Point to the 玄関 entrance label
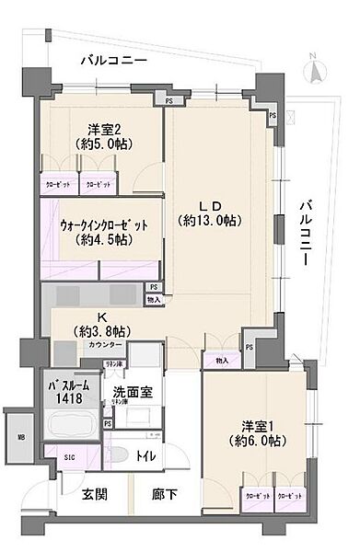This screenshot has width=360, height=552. point(93,494)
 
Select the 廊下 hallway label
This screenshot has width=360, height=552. point(167,494)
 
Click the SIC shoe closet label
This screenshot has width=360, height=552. point(69,457)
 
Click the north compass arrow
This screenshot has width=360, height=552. point(314,67)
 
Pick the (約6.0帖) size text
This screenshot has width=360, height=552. point(262,443)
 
